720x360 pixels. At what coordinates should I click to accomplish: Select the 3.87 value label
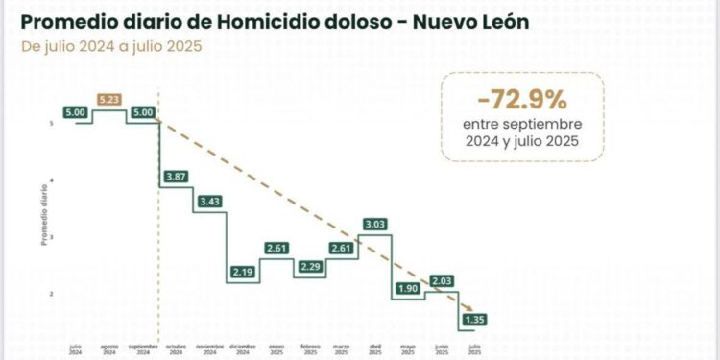point(176,177)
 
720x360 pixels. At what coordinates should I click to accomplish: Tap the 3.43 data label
point(209,201)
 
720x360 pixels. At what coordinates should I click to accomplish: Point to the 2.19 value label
point(243,274)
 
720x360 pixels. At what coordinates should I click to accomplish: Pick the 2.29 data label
point(311,267)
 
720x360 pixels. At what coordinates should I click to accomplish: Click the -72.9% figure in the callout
point(523,98)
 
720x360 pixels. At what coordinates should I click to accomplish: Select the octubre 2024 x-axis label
point(177,348)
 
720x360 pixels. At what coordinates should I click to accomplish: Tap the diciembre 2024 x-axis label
point(243,348)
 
